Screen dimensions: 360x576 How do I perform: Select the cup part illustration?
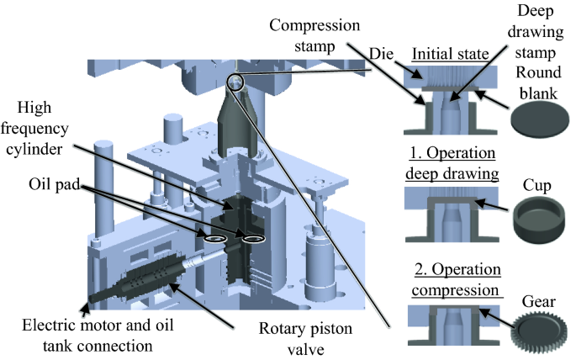coord(538,220)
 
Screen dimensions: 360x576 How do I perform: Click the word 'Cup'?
coord(538,183)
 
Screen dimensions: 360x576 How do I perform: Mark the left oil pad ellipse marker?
coord(216,240)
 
